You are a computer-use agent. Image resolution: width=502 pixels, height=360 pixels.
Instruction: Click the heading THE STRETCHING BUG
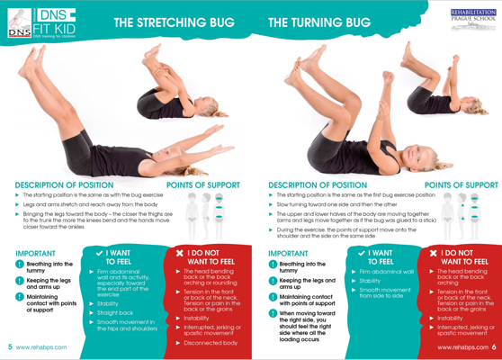(x=175, y=22)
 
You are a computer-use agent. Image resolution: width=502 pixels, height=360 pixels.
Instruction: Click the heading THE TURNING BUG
(x=319, y=22)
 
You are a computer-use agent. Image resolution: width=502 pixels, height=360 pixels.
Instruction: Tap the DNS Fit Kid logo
(x=41, y=23)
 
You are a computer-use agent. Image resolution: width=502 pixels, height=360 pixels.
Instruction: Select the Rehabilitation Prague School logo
(x=473, y=20)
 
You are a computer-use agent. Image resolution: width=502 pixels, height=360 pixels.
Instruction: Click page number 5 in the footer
(x=10, y=346)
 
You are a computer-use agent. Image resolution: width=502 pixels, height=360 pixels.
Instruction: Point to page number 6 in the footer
(x=494, y=346)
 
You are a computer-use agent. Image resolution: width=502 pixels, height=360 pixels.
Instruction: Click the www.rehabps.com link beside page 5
(x=41, y=347)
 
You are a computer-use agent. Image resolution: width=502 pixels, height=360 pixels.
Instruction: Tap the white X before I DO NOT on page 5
(x=180, y=253)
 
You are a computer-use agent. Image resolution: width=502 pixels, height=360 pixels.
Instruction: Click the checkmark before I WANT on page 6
(x=362, y=253)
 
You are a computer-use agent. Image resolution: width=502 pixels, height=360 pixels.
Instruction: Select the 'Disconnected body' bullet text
(x=211, y=343)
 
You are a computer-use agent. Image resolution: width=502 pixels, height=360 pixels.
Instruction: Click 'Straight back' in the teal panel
(x=115, y=313)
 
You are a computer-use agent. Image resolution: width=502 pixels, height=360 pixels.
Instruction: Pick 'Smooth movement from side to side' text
(x=385, y=292)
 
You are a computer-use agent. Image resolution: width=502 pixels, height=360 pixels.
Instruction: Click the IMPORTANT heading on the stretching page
(x=36, y=253)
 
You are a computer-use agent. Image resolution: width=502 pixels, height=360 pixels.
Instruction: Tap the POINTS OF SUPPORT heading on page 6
(x=462, y=185)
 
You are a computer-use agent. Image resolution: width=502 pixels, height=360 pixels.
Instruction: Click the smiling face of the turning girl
(x=414, y=157)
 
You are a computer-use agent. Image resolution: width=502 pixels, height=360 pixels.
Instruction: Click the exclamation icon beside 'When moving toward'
(x=273, y=313)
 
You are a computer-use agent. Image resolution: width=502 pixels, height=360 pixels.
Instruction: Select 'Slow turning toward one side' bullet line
(x=336, y=204)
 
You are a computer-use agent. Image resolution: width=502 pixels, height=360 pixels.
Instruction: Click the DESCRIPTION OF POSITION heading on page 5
(x=64, y=185)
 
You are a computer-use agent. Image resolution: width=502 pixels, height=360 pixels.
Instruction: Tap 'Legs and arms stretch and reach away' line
(x=90, y=204)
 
